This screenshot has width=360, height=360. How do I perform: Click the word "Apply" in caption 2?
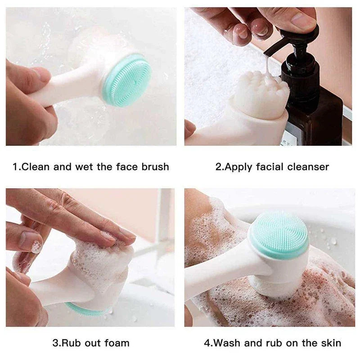pyautogui.click(x=238, y=167)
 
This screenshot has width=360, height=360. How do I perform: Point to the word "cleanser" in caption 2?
pyautogui.click(x=307, y=167)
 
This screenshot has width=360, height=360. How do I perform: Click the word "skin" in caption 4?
pyautogui.click(x=329, y=343)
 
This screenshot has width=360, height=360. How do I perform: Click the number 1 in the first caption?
pyautogui.click(x=15, y=167)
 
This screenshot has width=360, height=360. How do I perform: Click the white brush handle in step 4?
pyautogui.click(x=220, y=274)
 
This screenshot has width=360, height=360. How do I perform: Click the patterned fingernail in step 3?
pyautogui.click(x=35, y=246)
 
